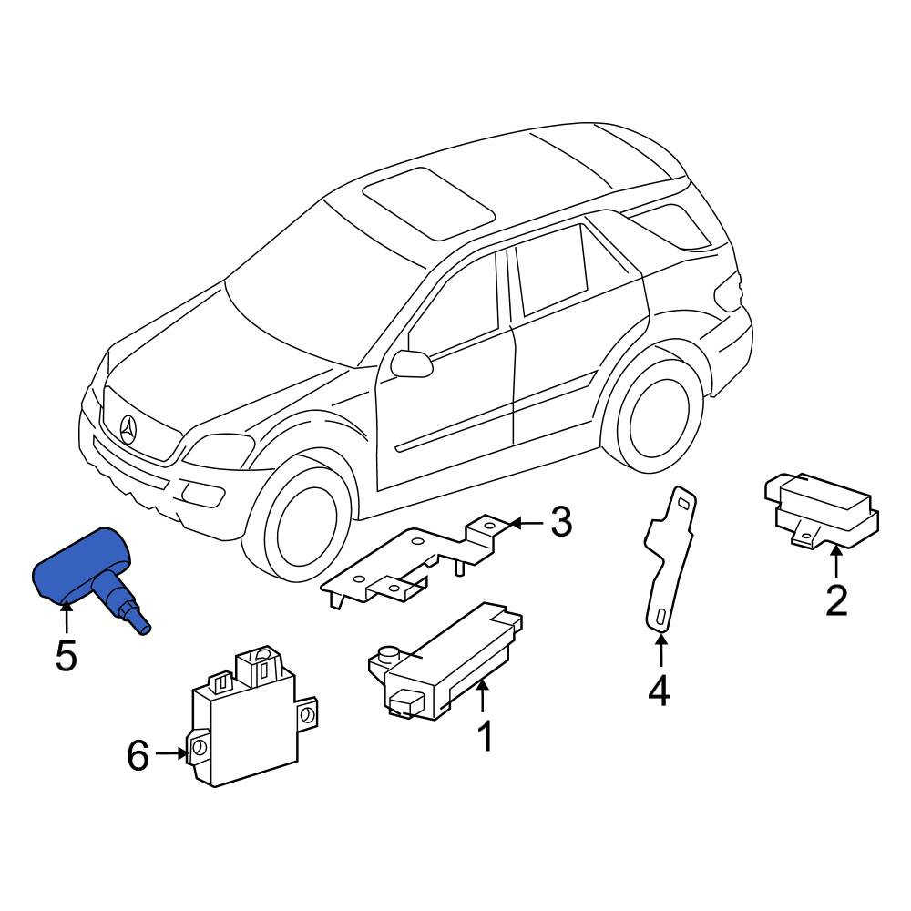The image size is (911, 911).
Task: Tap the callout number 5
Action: [67, 657]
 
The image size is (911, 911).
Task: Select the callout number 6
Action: [138, 756]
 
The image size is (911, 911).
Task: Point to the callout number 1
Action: [485, 736]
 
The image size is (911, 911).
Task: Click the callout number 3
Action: [560, 522]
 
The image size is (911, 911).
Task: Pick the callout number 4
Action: [660, 691]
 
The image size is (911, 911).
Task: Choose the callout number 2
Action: [836, 600]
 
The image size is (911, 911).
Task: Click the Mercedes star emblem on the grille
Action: [128, 430]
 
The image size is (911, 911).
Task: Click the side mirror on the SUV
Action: [412, 363]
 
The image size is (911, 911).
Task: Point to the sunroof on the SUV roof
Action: [429, 203]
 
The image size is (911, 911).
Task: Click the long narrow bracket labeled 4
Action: [670, 558]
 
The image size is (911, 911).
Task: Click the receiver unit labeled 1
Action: [445, 662]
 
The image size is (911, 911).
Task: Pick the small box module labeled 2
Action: [821, 509]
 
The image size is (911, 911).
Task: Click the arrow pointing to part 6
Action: [171, 754]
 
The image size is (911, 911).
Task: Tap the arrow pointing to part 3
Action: [527, 524]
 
